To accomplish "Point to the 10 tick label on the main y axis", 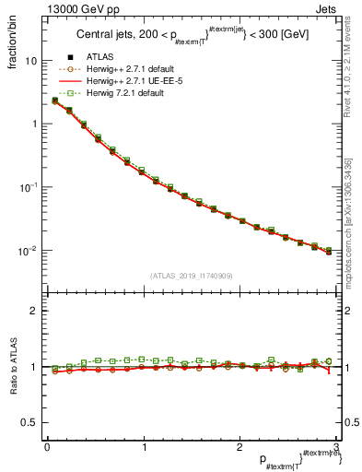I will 30,61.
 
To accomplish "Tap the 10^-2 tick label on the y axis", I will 29,251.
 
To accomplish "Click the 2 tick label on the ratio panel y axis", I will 34,311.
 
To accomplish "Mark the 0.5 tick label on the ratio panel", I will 29,422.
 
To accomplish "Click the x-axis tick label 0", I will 47,447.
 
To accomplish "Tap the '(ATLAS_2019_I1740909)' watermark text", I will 190,275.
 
